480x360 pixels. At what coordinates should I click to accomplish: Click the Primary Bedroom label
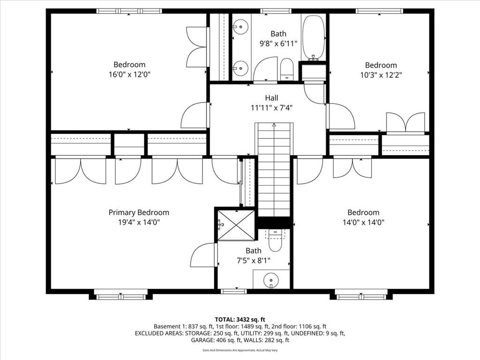pos(139,212)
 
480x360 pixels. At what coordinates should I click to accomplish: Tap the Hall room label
pos(271,98)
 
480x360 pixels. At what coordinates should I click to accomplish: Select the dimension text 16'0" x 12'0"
pos(129,75)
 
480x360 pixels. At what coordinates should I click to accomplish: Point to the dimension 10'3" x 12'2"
pos(381,75)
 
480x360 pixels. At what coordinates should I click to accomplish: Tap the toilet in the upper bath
pos(287,69)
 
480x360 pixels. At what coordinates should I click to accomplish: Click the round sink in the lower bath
pos(271,279)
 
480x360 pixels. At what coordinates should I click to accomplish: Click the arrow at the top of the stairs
pos(274,125)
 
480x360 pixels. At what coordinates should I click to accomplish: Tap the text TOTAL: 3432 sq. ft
pos(240,320)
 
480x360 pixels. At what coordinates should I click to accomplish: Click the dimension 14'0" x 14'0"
pos(363,222)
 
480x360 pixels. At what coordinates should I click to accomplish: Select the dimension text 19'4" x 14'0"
pos(139,222)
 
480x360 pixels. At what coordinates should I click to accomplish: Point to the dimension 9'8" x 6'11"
pos(278,44)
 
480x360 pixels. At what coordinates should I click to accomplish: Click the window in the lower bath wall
pos(233,291)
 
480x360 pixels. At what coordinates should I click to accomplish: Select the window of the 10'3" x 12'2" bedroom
pos(379,11)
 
